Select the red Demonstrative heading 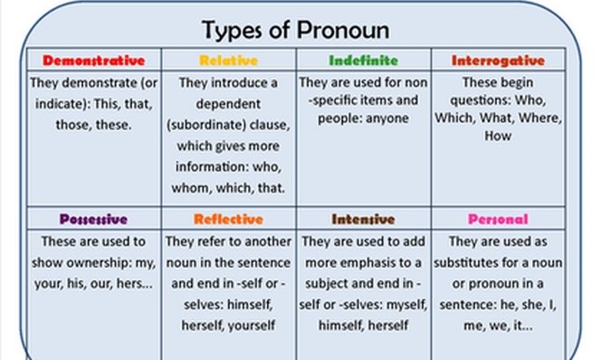click(x=94, y=62)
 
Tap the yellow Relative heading click(x=228, y=62)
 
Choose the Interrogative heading click(x=499, y=62)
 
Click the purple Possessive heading click(x=93, y=219)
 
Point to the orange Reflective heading click(x=228, y=219)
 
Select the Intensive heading click(x=363, y=219)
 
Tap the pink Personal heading click(x=498, y=219)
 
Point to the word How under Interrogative click(x=499, y=137)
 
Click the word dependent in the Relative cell click(x=228, y=102)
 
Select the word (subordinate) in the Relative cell click(x=205, y=123)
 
